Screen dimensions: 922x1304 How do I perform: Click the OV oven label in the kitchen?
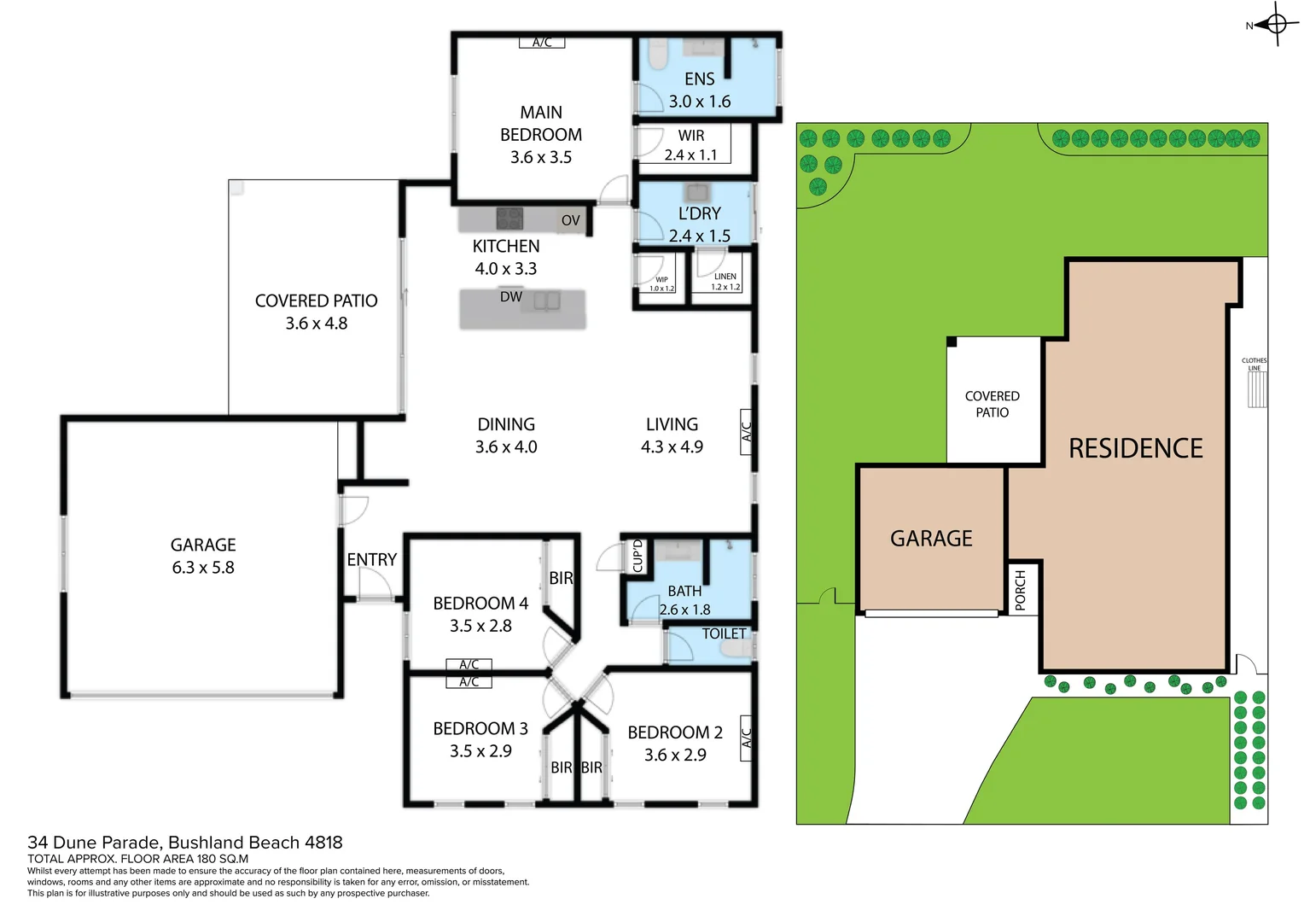[x=570, y=220]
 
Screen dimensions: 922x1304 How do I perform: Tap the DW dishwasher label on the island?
[x=511, y=297]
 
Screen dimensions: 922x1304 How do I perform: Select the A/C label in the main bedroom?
[x=542, y=43]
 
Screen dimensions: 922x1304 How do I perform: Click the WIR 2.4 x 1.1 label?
[x=691, y=145]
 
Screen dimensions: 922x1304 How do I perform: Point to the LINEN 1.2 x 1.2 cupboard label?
[x=725, y=282]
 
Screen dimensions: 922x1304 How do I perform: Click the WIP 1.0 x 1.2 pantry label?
[x=661, y=283]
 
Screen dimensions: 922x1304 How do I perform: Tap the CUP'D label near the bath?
[x=637, y=556]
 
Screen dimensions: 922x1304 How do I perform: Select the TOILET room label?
[x=724, y=633]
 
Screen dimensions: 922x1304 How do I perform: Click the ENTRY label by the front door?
[x=372, y=560]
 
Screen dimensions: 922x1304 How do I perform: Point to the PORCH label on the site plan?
[x=1020, y=590]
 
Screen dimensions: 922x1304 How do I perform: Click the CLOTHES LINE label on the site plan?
[x=1254, y=365]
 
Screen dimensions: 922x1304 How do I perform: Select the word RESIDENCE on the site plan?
[x=1136, y=448]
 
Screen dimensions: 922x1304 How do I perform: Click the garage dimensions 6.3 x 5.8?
[x=203, y=568]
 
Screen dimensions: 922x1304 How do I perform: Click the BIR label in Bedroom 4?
[x=561, y=578]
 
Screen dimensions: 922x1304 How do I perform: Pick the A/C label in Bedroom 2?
[x=746, y=738]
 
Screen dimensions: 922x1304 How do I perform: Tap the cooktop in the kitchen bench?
[x=509, y=219]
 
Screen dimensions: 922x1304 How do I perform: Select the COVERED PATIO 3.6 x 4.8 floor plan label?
[x=316, y=312]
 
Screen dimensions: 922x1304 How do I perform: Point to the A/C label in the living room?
[x=746, y=431]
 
